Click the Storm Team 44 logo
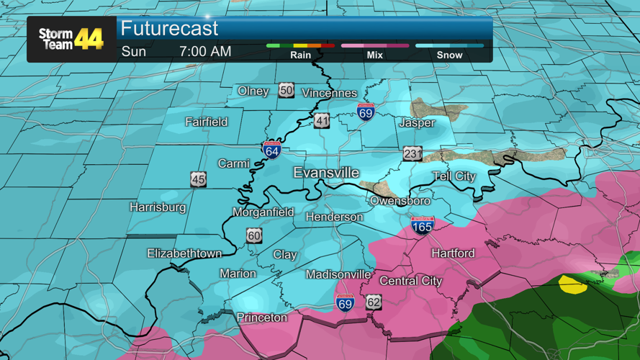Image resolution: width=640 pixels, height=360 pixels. (71, 39)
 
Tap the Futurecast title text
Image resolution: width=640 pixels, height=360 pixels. (169, 29)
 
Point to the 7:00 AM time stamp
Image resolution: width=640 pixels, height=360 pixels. (205, 52)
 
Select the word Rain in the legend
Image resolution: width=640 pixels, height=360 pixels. (300, 55)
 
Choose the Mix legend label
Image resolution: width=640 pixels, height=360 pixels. (374, 55)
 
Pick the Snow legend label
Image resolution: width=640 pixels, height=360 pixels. (449, 55)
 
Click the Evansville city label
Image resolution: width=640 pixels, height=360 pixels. (326, 173)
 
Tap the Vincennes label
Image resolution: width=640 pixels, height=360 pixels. (329, 93)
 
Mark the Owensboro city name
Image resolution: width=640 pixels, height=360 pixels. (400, 201)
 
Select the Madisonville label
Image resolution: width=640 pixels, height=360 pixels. (338, 274)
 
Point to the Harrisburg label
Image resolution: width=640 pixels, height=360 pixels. (158, 207)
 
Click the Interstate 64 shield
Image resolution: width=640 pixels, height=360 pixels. (271, 150)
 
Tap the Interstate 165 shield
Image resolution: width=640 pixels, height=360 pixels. (423, 225)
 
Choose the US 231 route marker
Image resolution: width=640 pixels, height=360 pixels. (413, 154)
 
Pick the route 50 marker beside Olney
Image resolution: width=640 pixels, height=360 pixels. (287, 91)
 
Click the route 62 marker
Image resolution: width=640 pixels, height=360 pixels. (373, 302)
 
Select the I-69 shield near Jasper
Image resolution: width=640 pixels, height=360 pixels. (366, 112)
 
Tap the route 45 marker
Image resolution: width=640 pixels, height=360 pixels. (198, 180)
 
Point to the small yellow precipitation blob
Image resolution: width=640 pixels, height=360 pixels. (573, 284)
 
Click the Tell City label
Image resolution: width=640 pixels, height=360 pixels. (454, 176)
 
